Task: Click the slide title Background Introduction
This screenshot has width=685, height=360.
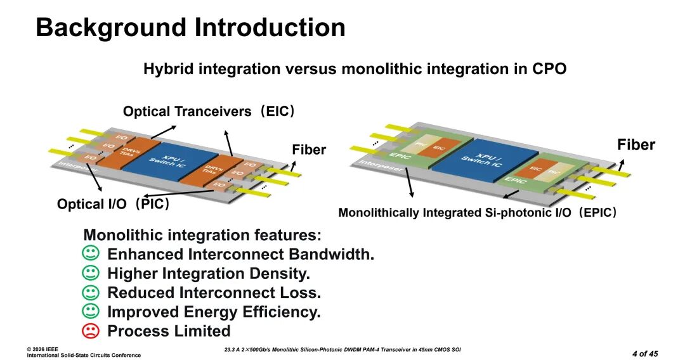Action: [190, 28]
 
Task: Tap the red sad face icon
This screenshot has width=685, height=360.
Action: [91, 330]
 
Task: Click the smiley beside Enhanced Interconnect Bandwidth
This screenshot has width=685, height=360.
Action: [91, 254]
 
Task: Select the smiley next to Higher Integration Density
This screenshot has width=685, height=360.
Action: [91, 273]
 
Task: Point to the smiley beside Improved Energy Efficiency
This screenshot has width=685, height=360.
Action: [91, 311]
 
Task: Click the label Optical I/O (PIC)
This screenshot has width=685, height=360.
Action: [113, 205]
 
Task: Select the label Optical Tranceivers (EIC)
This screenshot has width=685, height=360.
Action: [209, 112]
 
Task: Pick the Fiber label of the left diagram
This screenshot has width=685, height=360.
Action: [309, 150]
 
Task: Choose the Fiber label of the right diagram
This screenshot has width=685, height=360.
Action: [636, 145]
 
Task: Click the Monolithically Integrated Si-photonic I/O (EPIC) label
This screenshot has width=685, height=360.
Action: [478, 213]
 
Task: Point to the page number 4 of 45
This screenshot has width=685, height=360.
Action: [645, 353]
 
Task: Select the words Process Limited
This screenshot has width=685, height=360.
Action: [169, 331]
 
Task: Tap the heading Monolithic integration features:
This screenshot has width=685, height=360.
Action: [202, 235]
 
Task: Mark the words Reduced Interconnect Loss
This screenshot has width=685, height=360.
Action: [214, 293]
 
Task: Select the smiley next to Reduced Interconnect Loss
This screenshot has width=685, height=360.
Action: [91, 292]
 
